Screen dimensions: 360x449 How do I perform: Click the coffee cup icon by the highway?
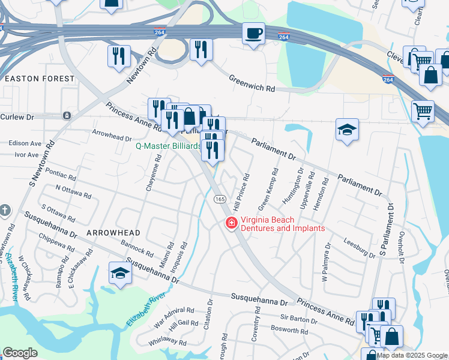tap(253, 32)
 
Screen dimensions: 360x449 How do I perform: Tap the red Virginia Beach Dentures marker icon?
tap(230, 224)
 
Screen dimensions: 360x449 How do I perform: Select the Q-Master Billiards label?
tap(167, 146)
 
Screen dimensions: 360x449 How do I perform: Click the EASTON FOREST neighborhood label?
tap(40, 79)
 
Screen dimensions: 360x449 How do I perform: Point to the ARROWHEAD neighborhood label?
tap(113, 232)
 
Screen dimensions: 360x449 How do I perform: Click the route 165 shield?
tap(219, 199)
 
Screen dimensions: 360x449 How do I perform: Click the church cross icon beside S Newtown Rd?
tap(5, 210)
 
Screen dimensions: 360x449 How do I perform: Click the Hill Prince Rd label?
tap(241, 193)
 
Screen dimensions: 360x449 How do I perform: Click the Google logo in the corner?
tap(20, 353)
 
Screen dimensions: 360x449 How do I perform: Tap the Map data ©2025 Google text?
tap(412, 355)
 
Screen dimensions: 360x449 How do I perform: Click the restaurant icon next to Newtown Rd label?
tap(119, 55)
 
